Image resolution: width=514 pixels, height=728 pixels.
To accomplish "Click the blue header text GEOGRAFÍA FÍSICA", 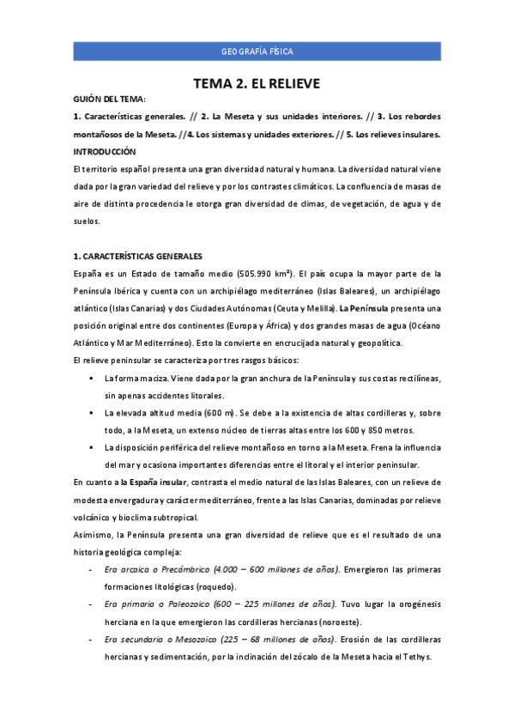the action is (257, 52).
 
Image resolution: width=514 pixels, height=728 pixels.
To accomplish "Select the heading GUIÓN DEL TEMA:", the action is (110, 100).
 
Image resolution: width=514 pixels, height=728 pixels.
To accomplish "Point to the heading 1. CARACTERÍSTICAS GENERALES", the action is (137, 256).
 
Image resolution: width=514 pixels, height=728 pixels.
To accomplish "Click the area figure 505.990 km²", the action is (257, 274).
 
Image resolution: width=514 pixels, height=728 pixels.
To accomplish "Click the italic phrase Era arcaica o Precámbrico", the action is (151, 569).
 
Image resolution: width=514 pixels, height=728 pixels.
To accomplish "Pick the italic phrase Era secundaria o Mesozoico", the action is (157, 639).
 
